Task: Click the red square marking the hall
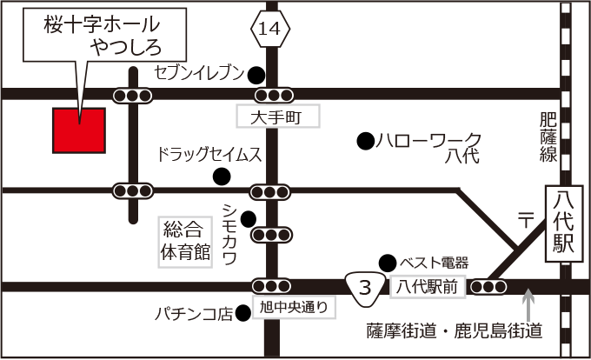79,130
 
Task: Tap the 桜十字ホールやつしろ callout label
104,35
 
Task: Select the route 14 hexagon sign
269,30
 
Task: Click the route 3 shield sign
366,287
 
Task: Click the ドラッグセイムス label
209,155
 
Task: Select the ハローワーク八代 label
440,148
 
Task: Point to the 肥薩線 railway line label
548,136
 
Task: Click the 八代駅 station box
563,223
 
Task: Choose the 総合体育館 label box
185,241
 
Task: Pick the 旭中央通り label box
295,306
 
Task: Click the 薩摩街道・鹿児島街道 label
455,331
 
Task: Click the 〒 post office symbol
524,220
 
